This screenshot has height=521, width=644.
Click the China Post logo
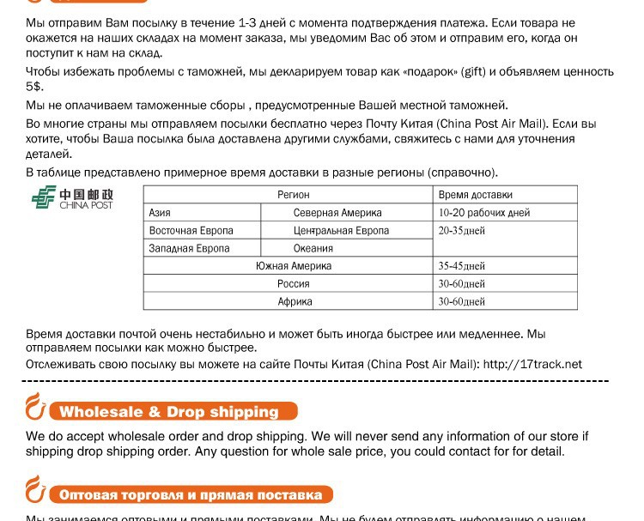(x=72, y=199)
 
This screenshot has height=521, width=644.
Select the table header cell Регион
(x=294, y=195)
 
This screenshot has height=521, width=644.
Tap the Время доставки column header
(x=475, y=195)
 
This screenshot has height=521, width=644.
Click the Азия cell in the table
(x=160, y=213)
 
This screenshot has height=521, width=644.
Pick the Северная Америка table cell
(x=337, y=213)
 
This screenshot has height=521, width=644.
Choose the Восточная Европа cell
(x=191, y=231)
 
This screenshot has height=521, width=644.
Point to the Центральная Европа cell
(x=341, y=231)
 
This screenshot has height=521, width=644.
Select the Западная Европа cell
(x=189, y=249)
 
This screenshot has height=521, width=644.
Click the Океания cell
(x=313, y=249)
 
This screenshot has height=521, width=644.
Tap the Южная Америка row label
(x=294, y=266)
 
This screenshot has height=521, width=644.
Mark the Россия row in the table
(x=294, y=284)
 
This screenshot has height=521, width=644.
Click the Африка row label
(x=295, y=302)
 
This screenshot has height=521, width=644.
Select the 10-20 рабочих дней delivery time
(x=484, y=213)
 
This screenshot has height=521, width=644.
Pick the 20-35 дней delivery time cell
(x=462, y=231)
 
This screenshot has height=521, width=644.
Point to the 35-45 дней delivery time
(x=462, y=266)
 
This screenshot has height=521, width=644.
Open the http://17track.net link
(x=532, y=364)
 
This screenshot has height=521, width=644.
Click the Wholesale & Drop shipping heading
(x=169, y=412)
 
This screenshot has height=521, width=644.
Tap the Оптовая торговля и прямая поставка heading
(x=191, y=495)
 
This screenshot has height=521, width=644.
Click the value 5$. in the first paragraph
(x=34, y=87)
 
